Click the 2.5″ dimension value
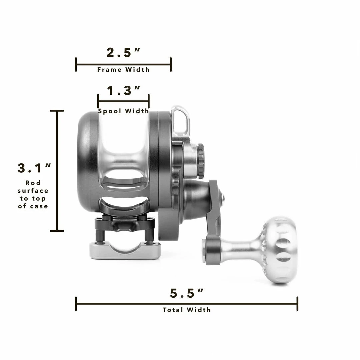pyautogui.click(x=123, y=53)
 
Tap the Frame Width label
pyautogui.click(x=123, y=70)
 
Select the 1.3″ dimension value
pyautogui.click(x=123, y=91)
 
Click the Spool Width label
pyautogui.click(x=123, y=111)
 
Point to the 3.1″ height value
pyautogui.click(x=34, y=168)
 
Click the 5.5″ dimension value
pyautogui.click(x=187, y=293)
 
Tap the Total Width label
pyautogui.click(x=187, y=310)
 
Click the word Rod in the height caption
pyautogui.click(x=33, y=183)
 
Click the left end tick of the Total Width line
pyautogui.click(x=76, y=304)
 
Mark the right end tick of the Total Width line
pyautogui.click(x=297, y=304)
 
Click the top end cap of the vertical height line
pyautogui.click(x=57, y=111)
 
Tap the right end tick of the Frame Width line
pyautogui.click(x=171, y=64)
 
